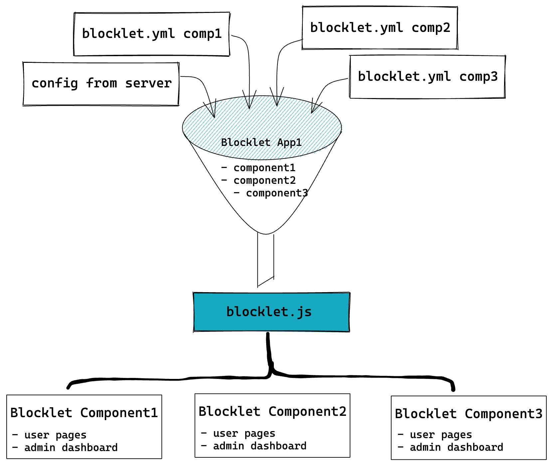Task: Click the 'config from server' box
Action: coord(101,84)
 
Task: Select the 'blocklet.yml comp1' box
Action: coord(152,34)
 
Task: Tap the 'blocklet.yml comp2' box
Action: coord(380,28)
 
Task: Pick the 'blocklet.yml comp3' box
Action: coord(427,77)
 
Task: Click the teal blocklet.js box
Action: coord(271,312)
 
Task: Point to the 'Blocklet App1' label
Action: coord(261,143)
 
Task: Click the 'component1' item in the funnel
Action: coord(264,168)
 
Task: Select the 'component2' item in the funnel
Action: coord(265,180)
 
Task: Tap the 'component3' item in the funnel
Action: coord(277,193)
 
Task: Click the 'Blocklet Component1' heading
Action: coord(84,413)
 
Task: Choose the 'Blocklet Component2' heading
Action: coord(273,411)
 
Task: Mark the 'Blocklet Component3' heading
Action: coord(468,414)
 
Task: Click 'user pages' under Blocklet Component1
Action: coord(55,435)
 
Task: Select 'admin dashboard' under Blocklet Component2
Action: coord(260,446)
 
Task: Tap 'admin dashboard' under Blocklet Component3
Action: coord(456,447)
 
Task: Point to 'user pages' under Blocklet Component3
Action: coord(441,435)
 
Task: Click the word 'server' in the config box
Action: coord(148,83)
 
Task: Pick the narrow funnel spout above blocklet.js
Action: coord(266,259)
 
